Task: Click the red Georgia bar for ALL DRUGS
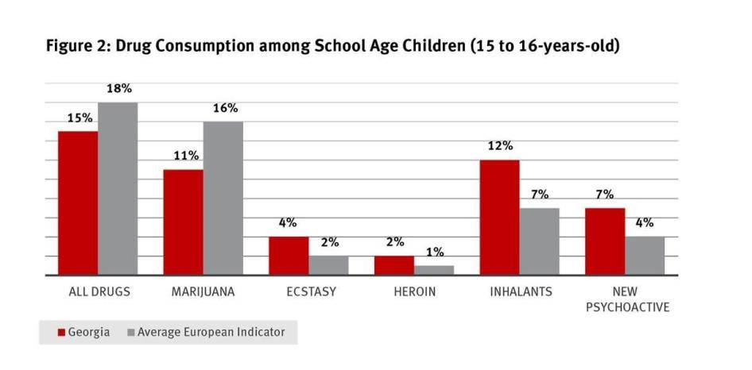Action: (x=78, y=203)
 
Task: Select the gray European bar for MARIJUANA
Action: (x=223, y=198)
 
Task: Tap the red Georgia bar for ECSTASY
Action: (x=289, y=256)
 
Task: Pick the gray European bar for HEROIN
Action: (x=434, y=270)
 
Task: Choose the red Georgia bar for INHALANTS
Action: (x=499, y=218)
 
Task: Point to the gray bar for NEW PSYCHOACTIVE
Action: (x=645, y=256)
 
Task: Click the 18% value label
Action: (x=118, y=89)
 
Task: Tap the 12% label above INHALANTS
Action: (x=500, y=146)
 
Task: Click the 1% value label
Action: (x=433, y=252)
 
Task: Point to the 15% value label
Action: (x=79, y=118)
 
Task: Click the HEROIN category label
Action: (x=414, y=291)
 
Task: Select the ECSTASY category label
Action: (x=311, y=291)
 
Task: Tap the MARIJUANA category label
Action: (x=203, y=291)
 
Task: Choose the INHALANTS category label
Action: (x=521, y=291)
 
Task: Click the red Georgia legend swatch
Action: (x=60, y=333)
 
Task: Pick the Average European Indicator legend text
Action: (x=211, y=333)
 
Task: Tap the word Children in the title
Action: (x=421, y=46)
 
